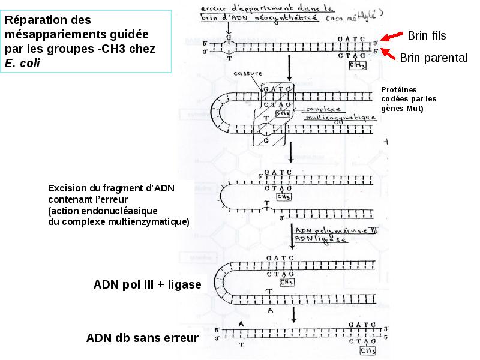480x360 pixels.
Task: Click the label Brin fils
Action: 427,36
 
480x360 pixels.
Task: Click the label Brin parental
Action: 433,58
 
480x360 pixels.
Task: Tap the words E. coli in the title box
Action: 22,63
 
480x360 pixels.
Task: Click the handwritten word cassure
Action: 247,73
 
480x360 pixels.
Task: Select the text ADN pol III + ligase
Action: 147,284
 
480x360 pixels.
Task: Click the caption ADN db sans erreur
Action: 142,338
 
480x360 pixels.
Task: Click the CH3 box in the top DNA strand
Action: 357,65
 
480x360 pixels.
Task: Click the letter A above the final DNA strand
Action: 241,323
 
